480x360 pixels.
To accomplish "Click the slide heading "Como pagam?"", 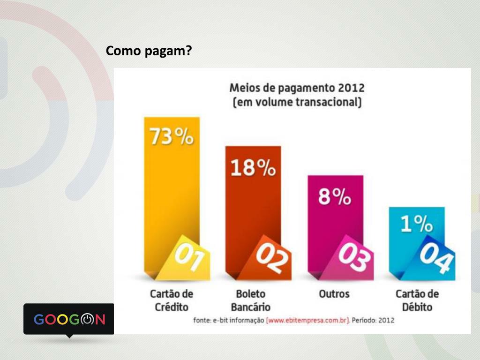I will pyautogui.click(x=149, y=51).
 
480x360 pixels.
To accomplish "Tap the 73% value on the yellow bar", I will pyautogui.click(x=171, y=137).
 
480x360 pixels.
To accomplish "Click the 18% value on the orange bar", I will pyautogui.click(x=253, y=167).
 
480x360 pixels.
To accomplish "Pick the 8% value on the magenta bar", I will pyautogui.click(x=335, y=197).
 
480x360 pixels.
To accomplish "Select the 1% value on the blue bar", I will pyautogui.click(x=416, y=224).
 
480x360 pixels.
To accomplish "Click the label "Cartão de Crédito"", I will pyautogui.click(x=171, y=300).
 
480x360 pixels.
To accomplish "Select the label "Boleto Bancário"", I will pyautogui.click(x=251, y=300).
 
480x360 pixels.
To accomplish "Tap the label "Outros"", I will pyautogui.click(x=334, y=294).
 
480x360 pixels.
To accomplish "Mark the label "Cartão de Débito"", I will pyautogui.click(x=417, y=300).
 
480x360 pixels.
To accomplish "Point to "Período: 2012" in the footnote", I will pyautogui.click(x=373, y=321).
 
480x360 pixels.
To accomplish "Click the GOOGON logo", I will pyautogui.click(x=69, y=319).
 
